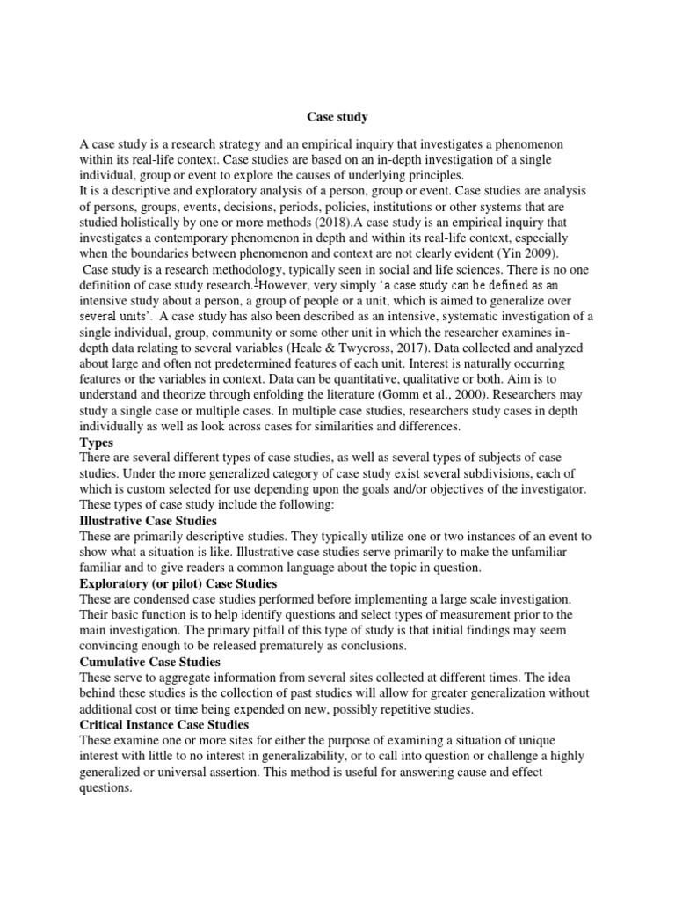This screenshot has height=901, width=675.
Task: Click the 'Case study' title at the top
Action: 337,116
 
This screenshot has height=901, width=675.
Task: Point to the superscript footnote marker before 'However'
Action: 256,283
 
